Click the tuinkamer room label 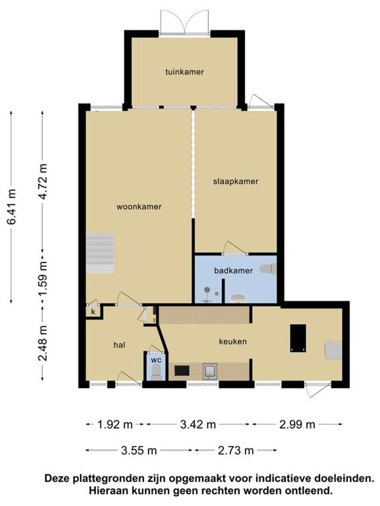tap(184, 72)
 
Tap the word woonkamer tap(139, 207)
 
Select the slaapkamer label tap(236, 181)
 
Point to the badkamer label tap(233, 270)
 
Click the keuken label tap(233, 341)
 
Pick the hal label tap(119, 345)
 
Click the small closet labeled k tap(93, 312)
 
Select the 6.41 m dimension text tap(12, 207)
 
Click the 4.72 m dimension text tap(43, 182)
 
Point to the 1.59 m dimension tap(43, 278)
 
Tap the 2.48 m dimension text tap(43, 343)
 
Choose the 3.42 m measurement tap(198, 424)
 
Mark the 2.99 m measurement tap(297, 424)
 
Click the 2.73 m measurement tap(236, 450)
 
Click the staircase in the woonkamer tap(100, 253)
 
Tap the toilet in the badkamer tap(268, 268)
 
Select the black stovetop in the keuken tap(182, 371)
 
